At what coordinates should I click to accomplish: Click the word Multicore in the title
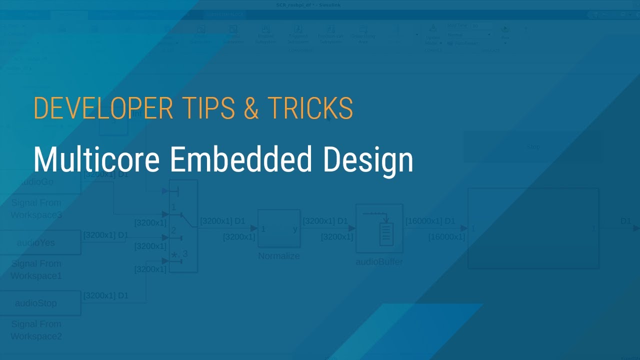(x=97, y=159)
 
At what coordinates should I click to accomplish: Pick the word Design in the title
(x=367, y=159)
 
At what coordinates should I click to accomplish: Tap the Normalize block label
(x=279, y=256)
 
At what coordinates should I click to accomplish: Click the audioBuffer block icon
(x=379, y=228)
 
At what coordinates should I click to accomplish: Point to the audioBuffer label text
(x=379, y=262)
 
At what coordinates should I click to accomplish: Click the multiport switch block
(x=183, y=226)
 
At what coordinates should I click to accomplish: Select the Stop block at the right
(x=533, y=147)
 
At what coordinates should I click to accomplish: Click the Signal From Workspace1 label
(x=36, y=269)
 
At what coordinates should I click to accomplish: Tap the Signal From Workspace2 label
(x=36, y=330)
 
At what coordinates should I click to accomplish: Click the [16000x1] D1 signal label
(x=430, y=220)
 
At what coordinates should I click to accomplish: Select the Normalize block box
(x=279, y=228)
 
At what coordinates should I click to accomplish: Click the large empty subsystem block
(x=533, y=228)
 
